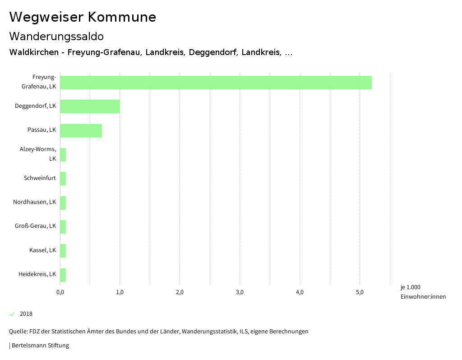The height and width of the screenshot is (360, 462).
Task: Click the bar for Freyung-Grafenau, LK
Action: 216,83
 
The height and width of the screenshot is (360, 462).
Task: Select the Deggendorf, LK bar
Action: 90,106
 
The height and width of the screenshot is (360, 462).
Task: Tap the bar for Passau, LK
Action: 81,131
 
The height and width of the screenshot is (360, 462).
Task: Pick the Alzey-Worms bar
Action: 63,155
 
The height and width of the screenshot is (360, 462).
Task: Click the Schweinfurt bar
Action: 63,179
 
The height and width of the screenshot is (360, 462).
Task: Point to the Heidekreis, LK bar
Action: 63,275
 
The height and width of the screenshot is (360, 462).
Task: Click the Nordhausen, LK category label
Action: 35,202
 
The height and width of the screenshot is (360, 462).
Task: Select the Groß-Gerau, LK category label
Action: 36,226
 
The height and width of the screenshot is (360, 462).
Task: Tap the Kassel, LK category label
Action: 42,250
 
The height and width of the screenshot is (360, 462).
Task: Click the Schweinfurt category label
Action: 40,178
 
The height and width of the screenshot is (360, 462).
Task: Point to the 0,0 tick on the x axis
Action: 60,292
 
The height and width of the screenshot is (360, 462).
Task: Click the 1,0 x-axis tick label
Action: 120,292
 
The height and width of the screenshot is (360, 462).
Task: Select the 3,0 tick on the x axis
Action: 240,292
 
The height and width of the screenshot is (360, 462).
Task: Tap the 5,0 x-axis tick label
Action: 360,292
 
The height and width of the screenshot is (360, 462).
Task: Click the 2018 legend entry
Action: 26,314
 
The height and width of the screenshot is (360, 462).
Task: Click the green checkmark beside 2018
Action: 12,314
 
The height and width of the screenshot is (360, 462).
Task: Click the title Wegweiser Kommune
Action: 83,17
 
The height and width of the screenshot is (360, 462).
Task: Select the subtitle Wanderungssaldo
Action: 56,36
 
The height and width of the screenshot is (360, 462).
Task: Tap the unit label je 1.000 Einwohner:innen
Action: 423,291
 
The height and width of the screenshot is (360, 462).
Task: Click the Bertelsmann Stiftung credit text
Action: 40,346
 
